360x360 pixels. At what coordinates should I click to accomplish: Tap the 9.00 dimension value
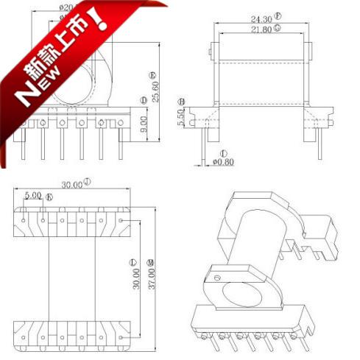click(x=144, y=123)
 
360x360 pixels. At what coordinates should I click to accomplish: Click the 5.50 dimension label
click(x=181, y=117)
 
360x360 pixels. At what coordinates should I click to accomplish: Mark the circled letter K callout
click(x=49, y=197)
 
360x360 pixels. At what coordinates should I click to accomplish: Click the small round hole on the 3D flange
click(x=217, y=278)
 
